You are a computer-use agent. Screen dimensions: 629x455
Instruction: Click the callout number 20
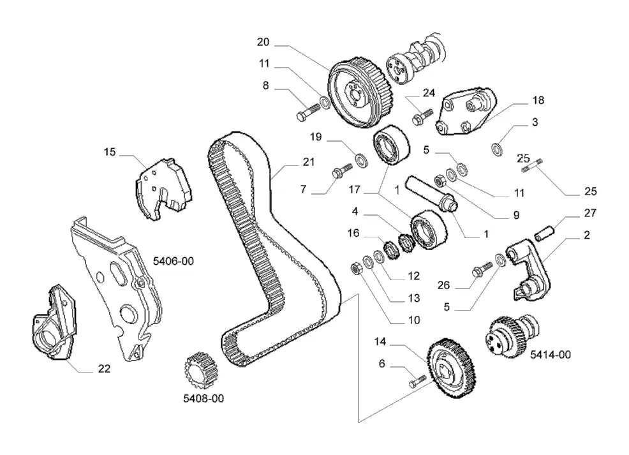[x=263, y=41]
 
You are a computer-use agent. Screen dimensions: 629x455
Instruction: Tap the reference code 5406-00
[x=174, y=261]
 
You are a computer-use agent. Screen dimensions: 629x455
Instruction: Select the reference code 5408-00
[x=204, y=398]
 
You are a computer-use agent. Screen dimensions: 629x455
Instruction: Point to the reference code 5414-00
[x=551, y=354]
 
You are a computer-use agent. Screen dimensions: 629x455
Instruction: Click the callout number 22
[x=104, y=368]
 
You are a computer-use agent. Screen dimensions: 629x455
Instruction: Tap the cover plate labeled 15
[x=163, y=189]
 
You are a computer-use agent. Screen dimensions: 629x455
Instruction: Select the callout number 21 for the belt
[x=309, y=161]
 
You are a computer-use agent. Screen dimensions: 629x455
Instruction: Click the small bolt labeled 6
[x=417, y=381]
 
